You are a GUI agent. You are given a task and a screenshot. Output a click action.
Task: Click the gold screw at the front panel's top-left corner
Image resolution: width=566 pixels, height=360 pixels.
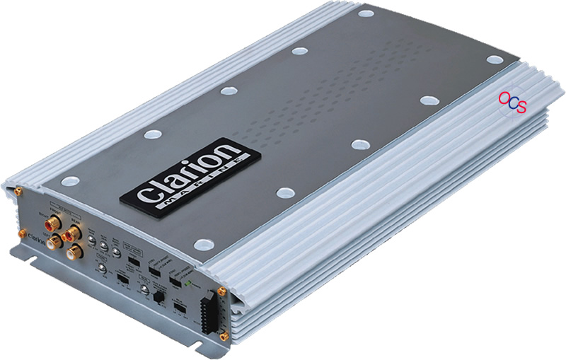click(18, 190)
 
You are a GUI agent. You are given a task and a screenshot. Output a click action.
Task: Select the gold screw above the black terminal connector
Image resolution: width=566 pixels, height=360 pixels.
click(222, 290)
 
